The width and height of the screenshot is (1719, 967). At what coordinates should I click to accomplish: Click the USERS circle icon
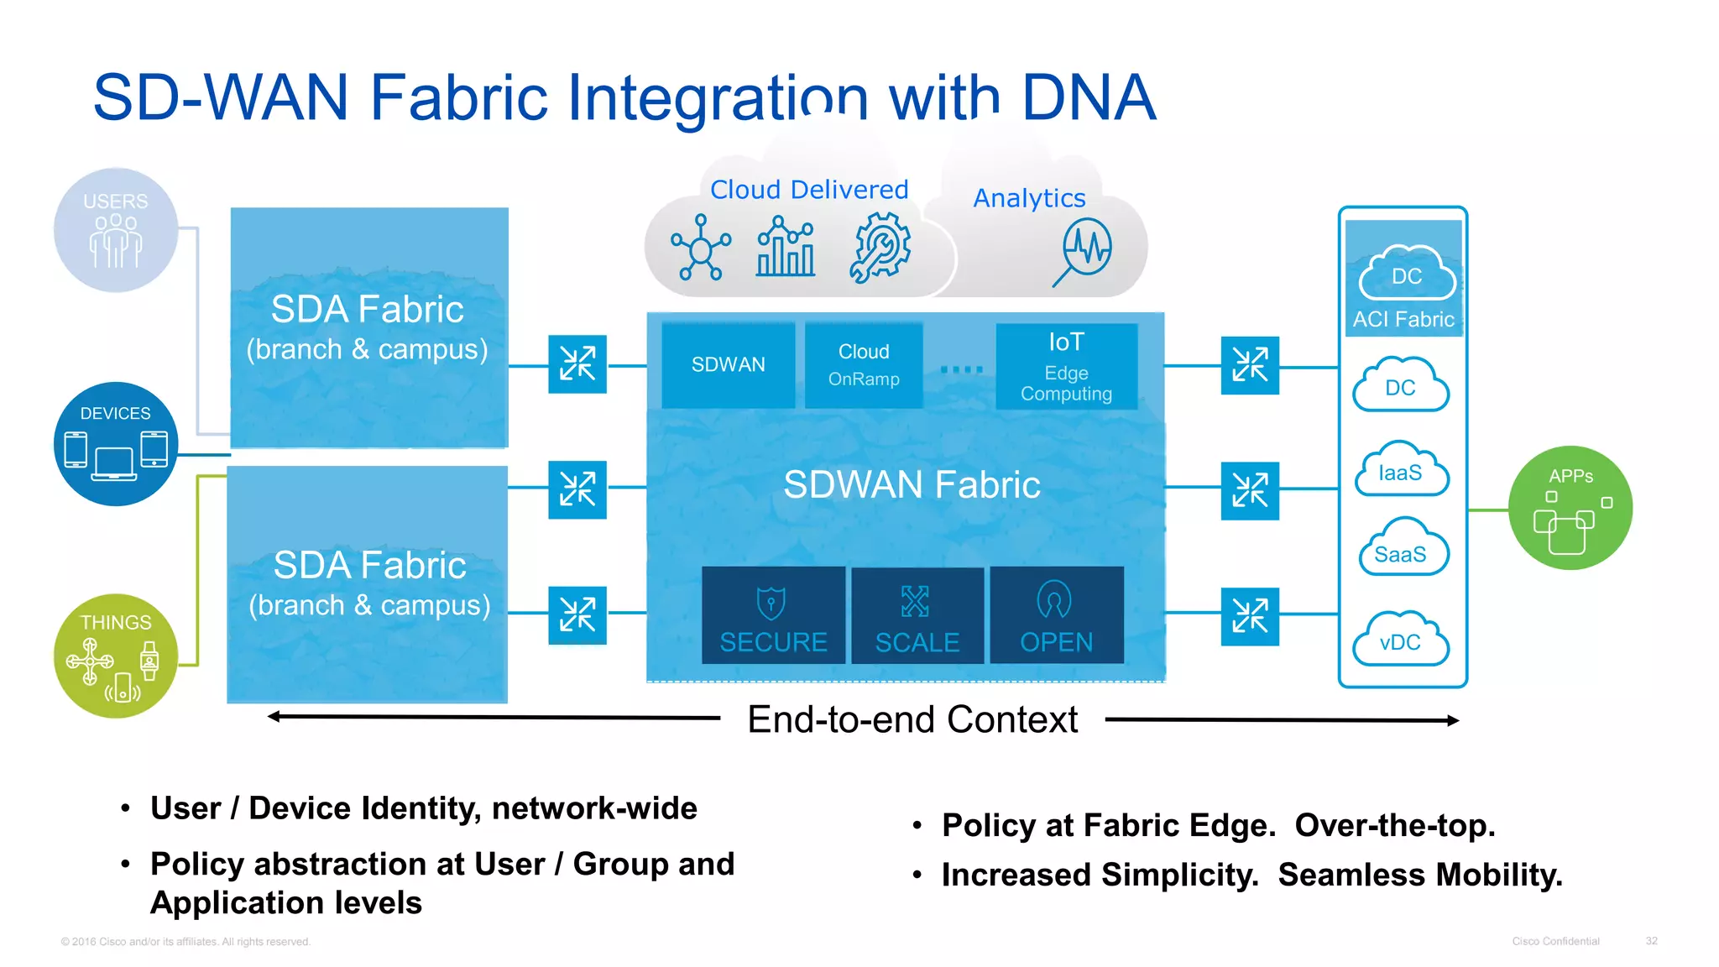[x=116, y=230]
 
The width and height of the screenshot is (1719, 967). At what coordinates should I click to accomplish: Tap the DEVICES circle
[x=116, y=444]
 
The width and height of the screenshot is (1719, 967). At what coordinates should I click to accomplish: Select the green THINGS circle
[x=116, y=656]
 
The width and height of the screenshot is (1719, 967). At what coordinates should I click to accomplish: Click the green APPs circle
[x=1570, y=508]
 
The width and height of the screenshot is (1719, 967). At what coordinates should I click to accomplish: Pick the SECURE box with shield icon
[x=773, y=615]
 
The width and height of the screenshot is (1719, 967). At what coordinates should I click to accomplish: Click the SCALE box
[x=917, y=615]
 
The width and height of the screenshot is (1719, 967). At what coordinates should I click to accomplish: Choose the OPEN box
[x=1056, y=615]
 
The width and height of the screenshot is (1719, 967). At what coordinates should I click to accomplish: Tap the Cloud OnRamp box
[x=863, y=365]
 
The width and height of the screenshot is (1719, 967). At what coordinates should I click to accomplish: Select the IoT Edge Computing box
[x=1066, y=366]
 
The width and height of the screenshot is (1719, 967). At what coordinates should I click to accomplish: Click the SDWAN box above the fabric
[x=728, y=365]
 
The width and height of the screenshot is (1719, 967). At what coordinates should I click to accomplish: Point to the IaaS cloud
[x=1401, y=471]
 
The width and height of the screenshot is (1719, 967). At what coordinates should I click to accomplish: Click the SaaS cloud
[x=1401, y=550]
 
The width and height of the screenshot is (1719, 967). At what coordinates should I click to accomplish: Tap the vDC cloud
[x=1401, y=640]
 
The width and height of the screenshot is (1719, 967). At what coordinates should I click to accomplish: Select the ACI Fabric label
[x=1403, y=320]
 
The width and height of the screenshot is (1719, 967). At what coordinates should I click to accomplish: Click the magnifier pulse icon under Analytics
[x=1084, y=251]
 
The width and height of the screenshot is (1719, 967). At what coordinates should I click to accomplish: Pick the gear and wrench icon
[x=880, y=247]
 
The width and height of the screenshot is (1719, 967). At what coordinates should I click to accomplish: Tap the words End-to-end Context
[x=912, y=720]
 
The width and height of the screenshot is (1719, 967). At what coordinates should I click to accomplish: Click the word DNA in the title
[x=1089, y=98]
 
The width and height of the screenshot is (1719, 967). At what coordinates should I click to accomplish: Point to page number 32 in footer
[x=1651, y=941]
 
